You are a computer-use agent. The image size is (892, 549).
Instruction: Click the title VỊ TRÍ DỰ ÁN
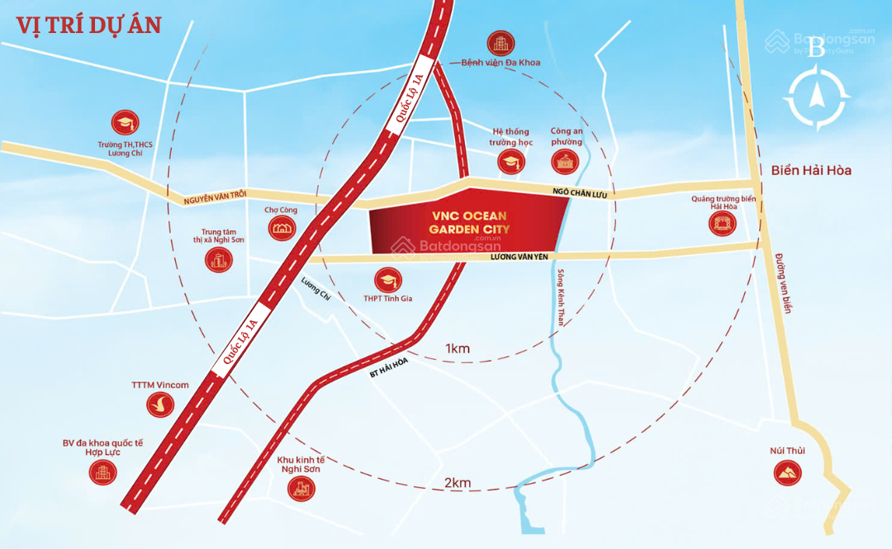(88, 25)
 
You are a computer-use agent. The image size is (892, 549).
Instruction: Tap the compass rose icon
(817, 97)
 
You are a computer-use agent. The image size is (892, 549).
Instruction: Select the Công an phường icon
(566, 161)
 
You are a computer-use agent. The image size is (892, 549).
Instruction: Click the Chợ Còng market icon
(282, 228)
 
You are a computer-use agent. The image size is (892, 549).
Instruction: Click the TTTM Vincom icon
(160, 404)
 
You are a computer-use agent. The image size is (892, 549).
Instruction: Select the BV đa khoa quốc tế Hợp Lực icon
(102, 472)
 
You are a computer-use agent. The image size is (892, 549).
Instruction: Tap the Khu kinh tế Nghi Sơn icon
(301, 488)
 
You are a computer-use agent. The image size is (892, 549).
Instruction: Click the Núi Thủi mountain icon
(785, 472)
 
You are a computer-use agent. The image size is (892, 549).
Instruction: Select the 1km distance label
(457, 348)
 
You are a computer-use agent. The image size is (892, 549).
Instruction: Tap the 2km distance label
(457, 483)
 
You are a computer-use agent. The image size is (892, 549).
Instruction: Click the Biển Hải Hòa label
(810, 171)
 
